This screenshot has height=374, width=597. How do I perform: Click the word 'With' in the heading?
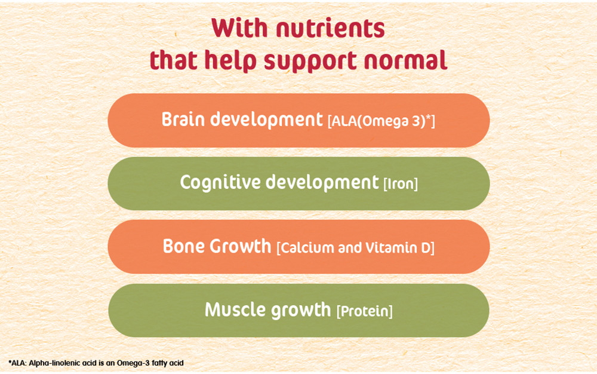click(239, 28)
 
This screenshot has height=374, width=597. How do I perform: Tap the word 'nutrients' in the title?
click(331, 28)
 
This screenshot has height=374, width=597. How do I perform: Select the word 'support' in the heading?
click(311, 61)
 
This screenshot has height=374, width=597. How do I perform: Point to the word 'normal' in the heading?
click(405, 60)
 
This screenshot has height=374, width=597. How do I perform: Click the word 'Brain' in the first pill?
click(183, 119)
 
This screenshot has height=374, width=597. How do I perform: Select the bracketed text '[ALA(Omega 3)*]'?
click(381, 121)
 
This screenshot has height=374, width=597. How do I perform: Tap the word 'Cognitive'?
click(220, 182)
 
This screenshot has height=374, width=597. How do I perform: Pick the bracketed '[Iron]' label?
click(401, 184)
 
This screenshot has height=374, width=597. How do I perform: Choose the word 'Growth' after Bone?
click(241, 246)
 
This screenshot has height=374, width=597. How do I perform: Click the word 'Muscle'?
click(235, 309)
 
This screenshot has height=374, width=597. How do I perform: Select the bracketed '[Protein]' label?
click(364, 311)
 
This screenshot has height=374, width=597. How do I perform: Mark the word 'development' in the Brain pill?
click(266, 120)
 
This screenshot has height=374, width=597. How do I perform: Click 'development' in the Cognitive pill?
click(322, 183)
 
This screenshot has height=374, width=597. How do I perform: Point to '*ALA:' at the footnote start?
click(17, 363)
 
